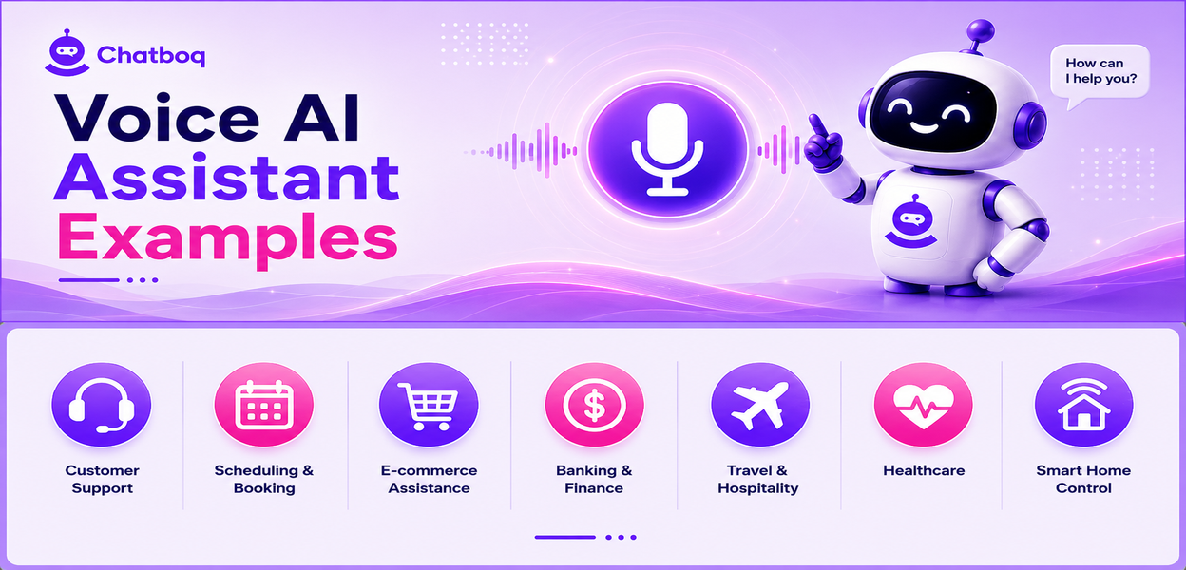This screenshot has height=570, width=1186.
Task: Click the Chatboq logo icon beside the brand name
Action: click(x=67, y=53)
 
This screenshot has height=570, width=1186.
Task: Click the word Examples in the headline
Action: click(x=228, y=238)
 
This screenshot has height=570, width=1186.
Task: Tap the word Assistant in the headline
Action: click(x=226, y=178)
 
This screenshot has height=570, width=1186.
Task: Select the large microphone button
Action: click(x=667, y=149)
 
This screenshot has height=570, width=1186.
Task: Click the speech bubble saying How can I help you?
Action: click(x=1100, y=73)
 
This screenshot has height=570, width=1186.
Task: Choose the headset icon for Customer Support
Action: click(x=102, y=405)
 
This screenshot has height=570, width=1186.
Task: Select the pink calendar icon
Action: click(x=264, y=405)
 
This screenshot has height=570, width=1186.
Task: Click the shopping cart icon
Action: click(x=429, y=405)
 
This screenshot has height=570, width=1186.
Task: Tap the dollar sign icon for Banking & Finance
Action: click(x=595, y=405)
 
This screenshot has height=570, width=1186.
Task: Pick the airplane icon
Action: click(x=760, y=405)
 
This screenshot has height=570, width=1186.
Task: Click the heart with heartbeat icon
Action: click(x=924, y=405)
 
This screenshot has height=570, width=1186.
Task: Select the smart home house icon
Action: click(x=1083, y=405)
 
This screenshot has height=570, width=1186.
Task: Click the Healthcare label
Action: click(x=924, y=470)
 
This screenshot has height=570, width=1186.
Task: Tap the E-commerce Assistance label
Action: click(x=429, y=479)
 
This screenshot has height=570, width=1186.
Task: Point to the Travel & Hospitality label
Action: click(x=757, y=480)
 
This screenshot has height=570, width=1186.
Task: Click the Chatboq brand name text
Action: click(x=151, y=55)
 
